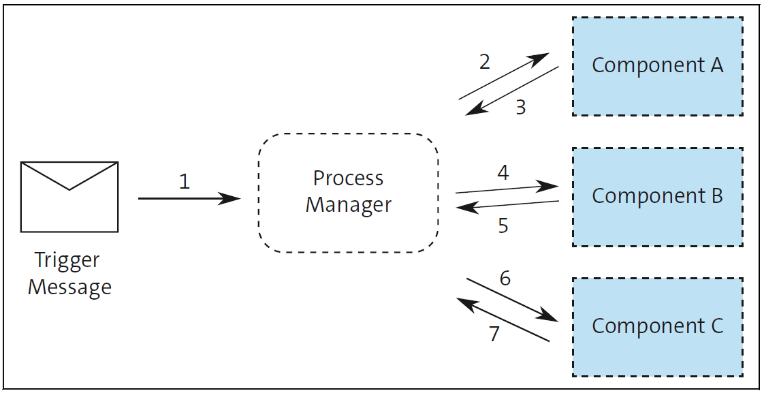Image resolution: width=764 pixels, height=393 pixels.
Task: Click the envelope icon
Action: tap(69, 197)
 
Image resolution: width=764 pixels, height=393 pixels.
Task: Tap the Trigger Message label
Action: tap(69, 273)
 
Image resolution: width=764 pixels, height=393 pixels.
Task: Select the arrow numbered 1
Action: tap(189, 199)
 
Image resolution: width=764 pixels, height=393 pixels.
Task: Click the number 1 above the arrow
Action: tap(184, 181)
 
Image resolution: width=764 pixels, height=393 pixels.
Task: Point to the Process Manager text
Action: tap(348, 191)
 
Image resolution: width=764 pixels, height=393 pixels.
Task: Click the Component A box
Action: tap(657, 66)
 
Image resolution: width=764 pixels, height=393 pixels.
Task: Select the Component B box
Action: tap(657, 197)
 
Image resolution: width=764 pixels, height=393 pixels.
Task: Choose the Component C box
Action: tap(657, 327)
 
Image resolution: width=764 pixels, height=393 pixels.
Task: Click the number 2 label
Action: tap(484, 62)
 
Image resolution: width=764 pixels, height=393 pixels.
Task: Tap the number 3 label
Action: tap(521, 108)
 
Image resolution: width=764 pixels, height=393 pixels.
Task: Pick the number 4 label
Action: tap(503, 172)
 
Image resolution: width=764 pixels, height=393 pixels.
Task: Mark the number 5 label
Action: tap(503, 225)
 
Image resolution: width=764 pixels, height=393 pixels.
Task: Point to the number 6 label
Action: tap(505, 278)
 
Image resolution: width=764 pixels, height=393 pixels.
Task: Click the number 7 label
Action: tap(494, 334)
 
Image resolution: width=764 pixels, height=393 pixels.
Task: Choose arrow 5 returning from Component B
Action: tap(507, 205)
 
